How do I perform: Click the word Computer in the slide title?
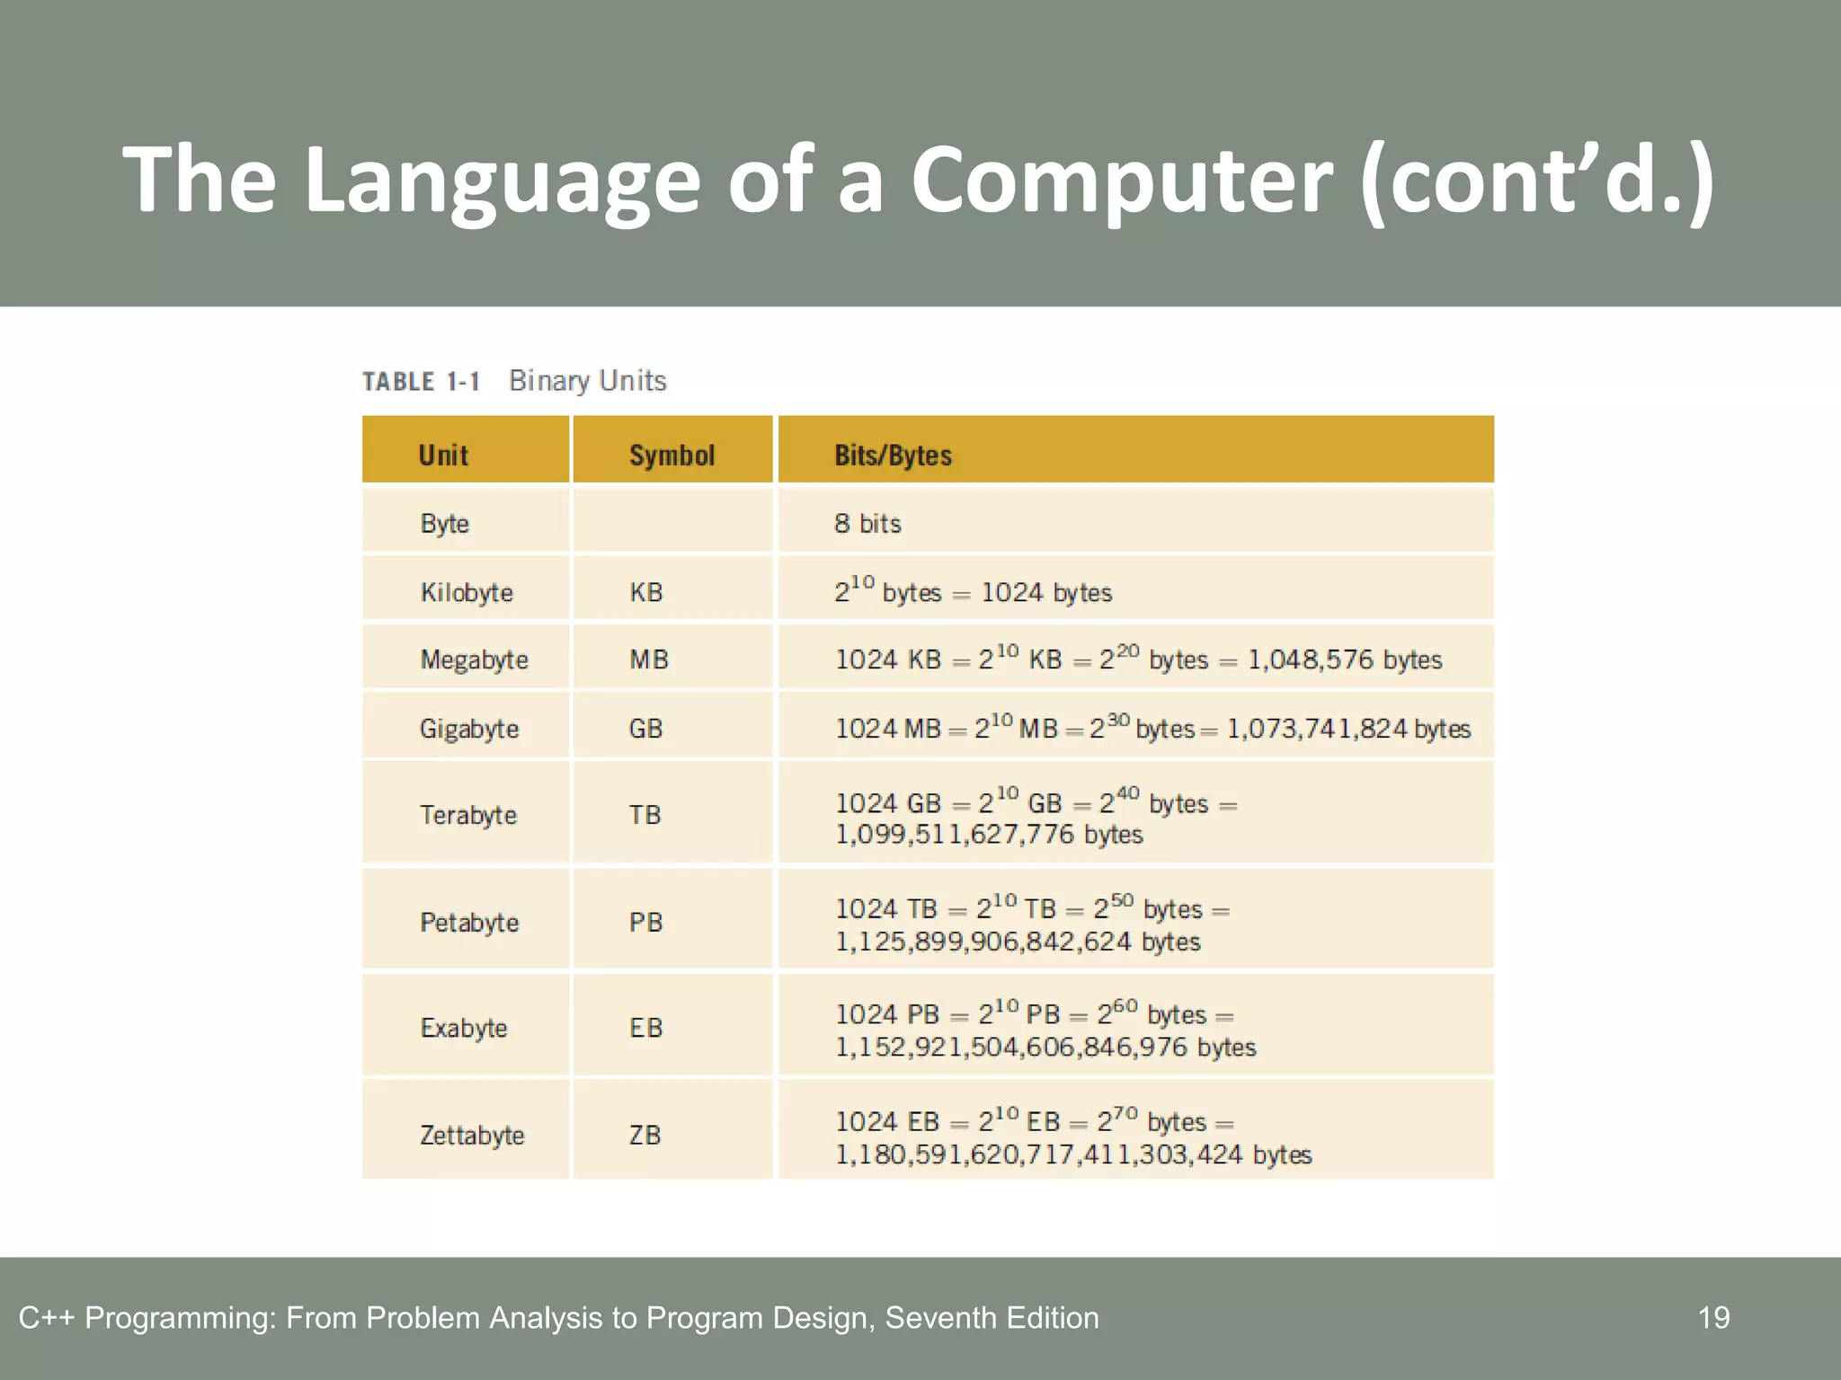point(1122,180)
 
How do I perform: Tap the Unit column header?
point(443,455)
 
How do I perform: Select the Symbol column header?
point(671,455)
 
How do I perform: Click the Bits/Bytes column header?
point(893,455)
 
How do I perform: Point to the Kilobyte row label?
point(467,592)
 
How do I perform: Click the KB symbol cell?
point(645,592)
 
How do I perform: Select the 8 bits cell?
point(867,524)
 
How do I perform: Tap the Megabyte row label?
point(474,659)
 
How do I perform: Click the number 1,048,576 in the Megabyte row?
point(1311,659)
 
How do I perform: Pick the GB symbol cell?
point(645,728)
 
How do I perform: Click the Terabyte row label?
point(468,815)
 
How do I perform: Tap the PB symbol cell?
point(645,922)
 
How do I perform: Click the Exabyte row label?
point(464,1028)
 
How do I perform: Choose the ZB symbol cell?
point(645,1135)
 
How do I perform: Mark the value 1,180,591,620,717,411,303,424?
point(1038,1154)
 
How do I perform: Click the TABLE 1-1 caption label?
point(421,382)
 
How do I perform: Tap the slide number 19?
point(1713,1317)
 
